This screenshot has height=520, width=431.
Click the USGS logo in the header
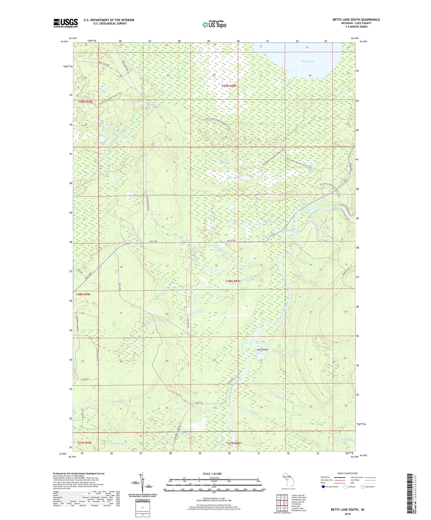coord(66,23)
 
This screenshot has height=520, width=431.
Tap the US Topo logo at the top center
coord(214,25)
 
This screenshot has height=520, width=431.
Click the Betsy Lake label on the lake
coord(308,61)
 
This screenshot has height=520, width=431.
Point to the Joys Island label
coord(262,350)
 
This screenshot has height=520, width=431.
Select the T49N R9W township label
coord(85,102)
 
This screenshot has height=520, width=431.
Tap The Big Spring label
coord(296,352)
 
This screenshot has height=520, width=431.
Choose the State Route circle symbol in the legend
coord(363,487)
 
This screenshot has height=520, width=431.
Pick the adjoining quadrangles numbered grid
coord(282,504)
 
